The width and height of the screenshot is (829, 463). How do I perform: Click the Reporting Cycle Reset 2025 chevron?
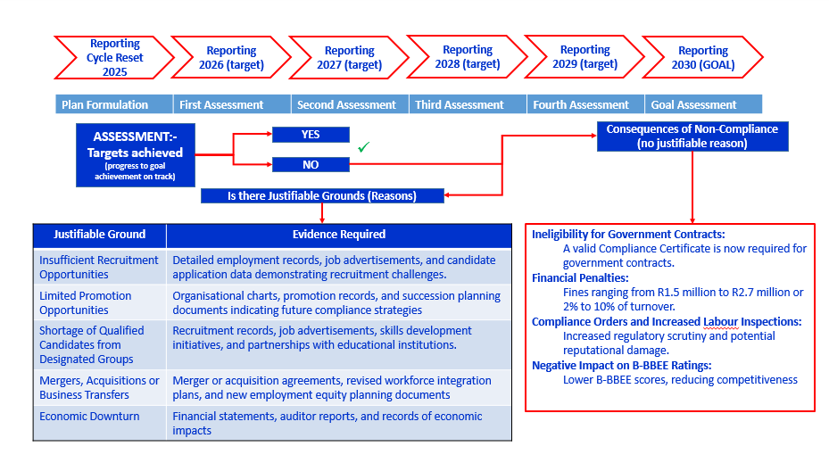(x=114, y=58)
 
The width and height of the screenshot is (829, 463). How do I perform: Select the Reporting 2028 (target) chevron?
(x=467, y=58)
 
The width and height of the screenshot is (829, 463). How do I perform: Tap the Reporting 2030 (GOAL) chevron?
(x=702, y=58)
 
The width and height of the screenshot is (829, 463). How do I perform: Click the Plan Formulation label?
(x=104, y=104)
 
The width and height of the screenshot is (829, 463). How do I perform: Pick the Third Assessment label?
(x=460, y=104)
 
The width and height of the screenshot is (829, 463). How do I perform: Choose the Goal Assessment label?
(x=693, y=104)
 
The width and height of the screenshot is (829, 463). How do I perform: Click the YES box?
(x=311, y=135)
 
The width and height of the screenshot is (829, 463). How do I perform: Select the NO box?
(x=311, y=164)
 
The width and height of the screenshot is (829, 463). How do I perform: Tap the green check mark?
(x=363, y=147)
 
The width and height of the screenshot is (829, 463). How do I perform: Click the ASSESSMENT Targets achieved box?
(x=137, y=154)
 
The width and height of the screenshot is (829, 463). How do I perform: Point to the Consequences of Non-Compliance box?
(x=692, y=136)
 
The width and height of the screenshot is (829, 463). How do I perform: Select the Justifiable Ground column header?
(x=99, y=235)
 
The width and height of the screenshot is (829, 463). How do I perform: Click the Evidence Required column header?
(x=339, y=235)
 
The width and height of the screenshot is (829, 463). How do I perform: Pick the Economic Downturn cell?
(x=89, y=417)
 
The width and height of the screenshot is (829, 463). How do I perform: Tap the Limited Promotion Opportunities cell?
(x=86, y=302)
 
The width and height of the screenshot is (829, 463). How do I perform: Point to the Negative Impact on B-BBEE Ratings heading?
(x=621, y=365)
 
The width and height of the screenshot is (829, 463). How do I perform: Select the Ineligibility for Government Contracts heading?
(x=628, y=234)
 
